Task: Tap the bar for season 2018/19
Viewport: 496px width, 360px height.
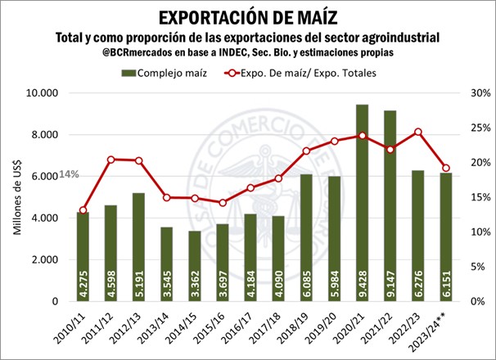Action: pos(306,237)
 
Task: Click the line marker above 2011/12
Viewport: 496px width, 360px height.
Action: pos(111,159)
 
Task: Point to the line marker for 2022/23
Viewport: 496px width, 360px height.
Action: pos(417,132)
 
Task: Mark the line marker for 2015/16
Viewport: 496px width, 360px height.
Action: pos(222,202)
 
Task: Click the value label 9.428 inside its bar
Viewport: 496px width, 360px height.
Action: pos(362,282)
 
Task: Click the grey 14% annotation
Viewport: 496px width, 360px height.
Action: pos(69,174)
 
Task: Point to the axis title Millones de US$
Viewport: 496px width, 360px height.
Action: pos(17,196)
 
